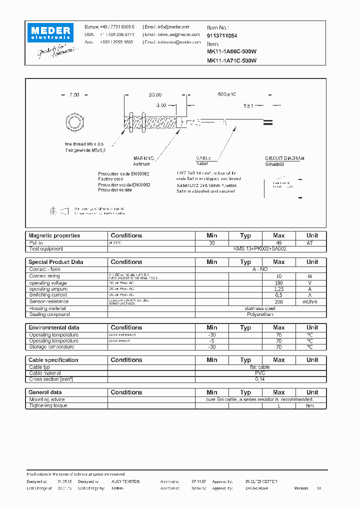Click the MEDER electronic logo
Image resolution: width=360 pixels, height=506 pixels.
pyautogui.click(x=50, y=33)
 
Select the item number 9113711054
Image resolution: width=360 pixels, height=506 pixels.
pyautogui.click(x=222, y=36)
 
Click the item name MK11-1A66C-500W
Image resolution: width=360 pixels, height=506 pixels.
pyautogui.click(x=231, y=51)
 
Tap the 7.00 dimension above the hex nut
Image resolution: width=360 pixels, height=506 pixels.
pyautogui.click(x=74, y=94)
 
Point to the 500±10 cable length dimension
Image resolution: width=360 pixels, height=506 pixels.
pyautogui.click(x=227, y=94)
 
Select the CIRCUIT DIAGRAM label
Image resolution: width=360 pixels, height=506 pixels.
pyautogui.click(x=284, y=158)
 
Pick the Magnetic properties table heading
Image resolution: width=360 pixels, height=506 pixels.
pyautogui.click(x=54, y=235)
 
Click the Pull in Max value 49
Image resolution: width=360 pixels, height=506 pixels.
pyautogui.click(x=279, y=242)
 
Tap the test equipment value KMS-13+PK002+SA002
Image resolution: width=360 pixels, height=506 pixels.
pyautogui.click(x=260, y=248)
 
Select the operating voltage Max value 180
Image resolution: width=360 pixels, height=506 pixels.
pyautogui.click(x=279, y=282)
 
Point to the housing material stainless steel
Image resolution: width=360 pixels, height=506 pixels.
pyautogui.click(x=260, y=308)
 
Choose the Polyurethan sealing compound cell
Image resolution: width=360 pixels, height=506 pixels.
pyautogui.click(x=260, y=314)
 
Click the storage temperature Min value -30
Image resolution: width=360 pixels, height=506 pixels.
pyautogui.click(x=212, y=347)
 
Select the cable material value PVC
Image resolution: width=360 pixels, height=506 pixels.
pyautogui.click(x=260, y=373)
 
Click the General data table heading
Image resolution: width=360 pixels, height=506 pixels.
pyautogui.click(x=45, y=392)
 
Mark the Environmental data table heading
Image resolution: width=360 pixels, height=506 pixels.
pyautogui.click(x=53, y=327)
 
